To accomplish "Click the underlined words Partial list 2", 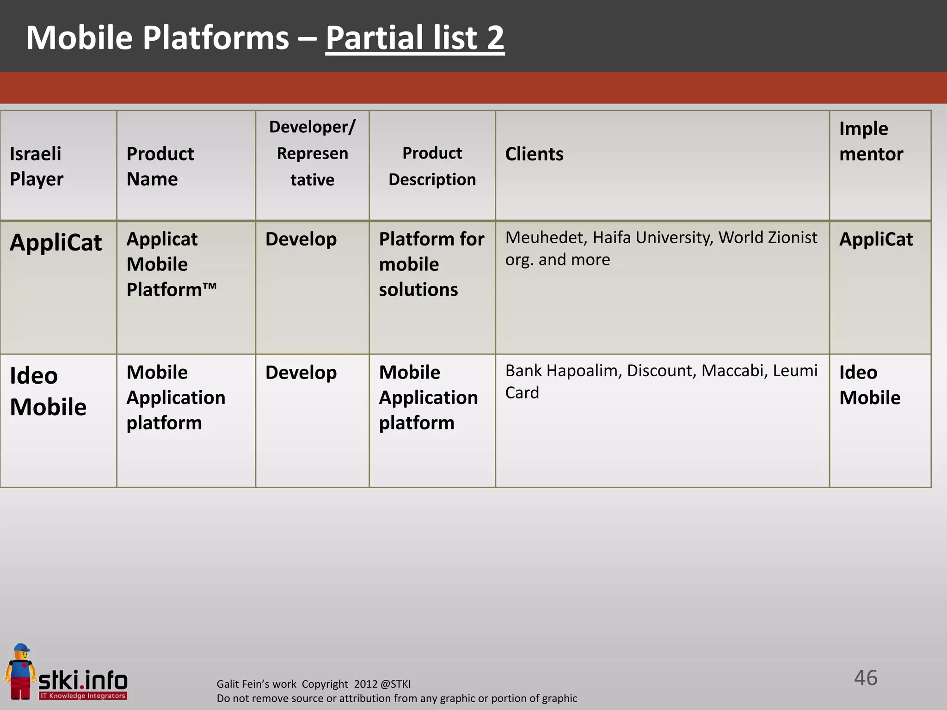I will pyautogui.click(x=415, y=38).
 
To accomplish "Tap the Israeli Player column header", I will pyautogui.click(x=37, y=166).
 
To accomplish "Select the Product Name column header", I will pyautogui.click(x=160, y=166).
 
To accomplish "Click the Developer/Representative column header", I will pyautogui.click(x=312, y=153).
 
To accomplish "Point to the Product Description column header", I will pyautogui.click(x=432, y=166).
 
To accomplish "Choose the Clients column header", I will pyautogui.click(x=534, y=154).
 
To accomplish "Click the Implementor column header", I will pyautogui.click(x=871, y=141).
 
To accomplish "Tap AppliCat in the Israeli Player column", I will pyautogui.click(x=56, y=242).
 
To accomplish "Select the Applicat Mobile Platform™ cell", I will pyautogui.click(x=172, y=264).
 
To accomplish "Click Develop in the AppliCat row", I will pyautogui.click(x=301, y=239).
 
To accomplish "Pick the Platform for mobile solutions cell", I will pyautogui.click(x=431, y=264).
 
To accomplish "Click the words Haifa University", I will pyautogui.click(x=653, y=238).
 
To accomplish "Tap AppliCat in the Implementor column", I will pyautogui.click(x=876, y=239).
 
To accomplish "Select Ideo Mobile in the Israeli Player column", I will pyautogui.click(x=48, y=391).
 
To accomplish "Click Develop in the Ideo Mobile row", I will pyautogui.click(x=301, y=373).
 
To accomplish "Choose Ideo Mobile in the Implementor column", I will pyautogui.click(x=869, y=385).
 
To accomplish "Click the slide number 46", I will pyautogui.click(x=865, y=678).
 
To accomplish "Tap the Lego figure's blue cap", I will pyautogui.click(x=21, y=648).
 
